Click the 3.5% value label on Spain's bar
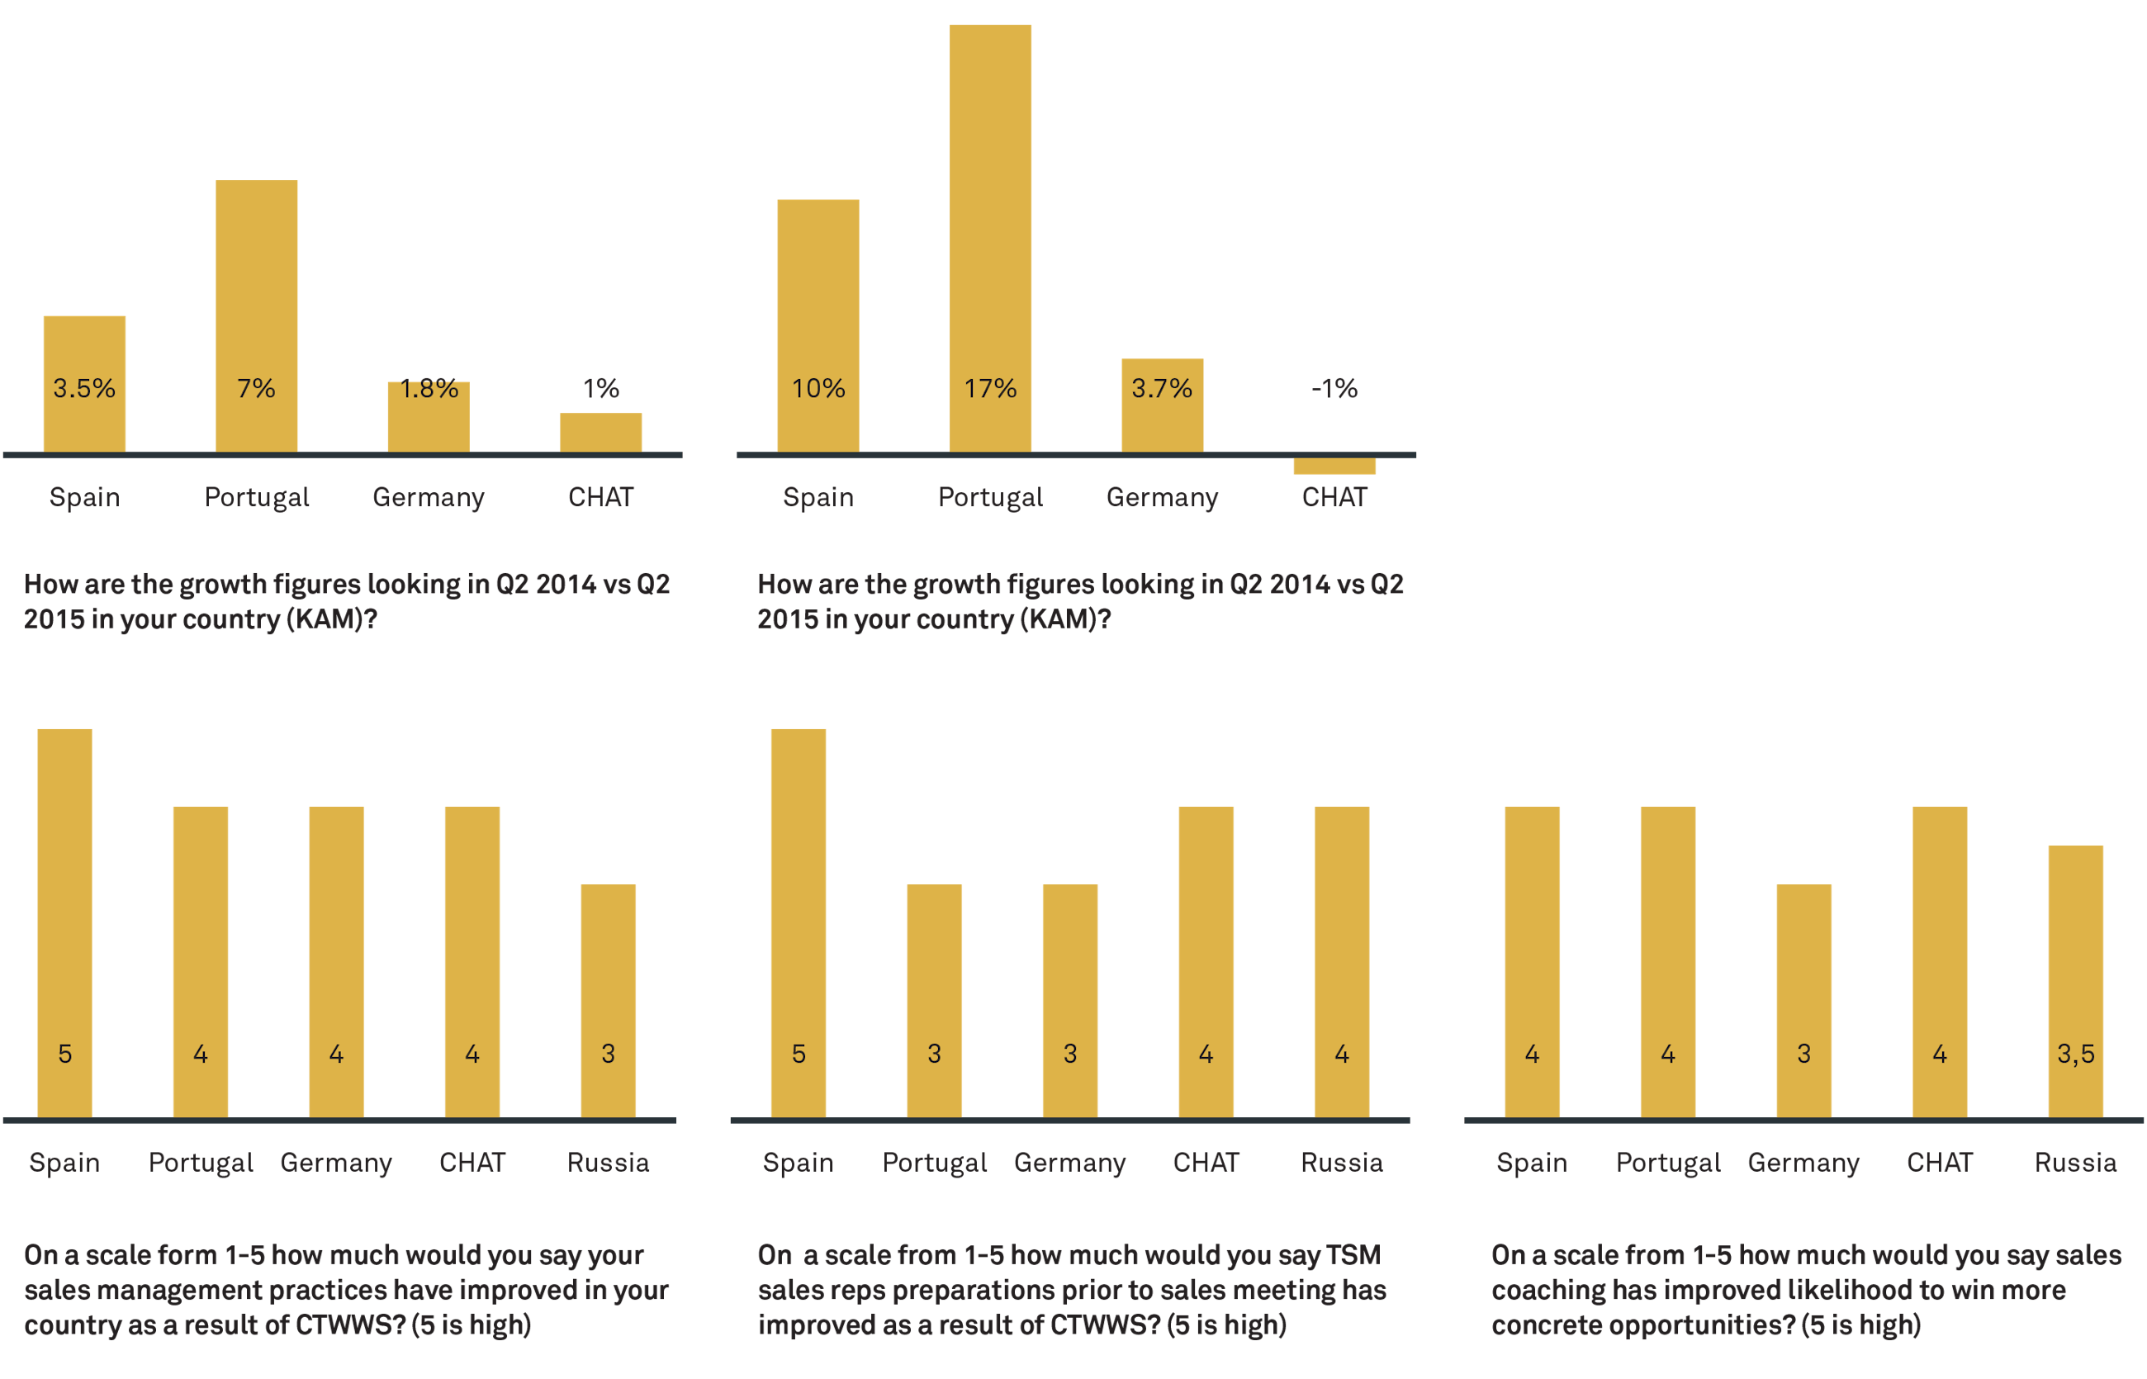click(x=84, y=389)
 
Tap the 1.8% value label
click(x=429, y=389)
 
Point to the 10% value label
click(x=818, y=389)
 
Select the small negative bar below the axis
click(x=1334, y=467)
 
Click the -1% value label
click(x=1334, y=389)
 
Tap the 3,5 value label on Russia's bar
click(x=2075, y=1054)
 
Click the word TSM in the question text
click(x=1353, y=1255)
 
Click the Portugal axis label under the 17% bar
click(x=990, y=498)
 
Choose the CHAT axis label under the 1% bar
click(x=601, y=498)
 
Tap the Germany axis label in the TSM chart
click(x=1070, y=1163)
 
